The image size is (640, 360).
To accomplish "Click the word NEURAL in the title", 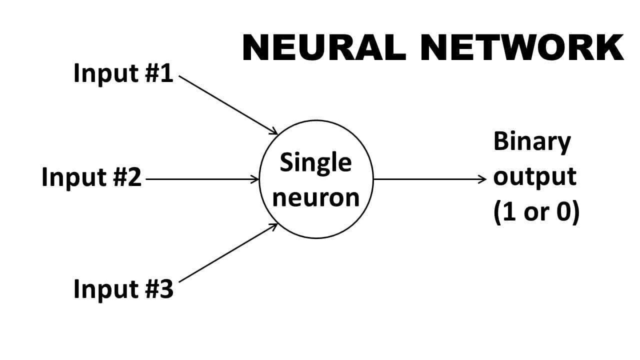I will tap(323, 47).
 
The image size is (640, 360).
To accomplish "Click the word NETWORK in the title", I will tap(521, 47).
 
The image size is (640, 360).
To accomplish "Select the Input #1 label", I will tap(123, 73).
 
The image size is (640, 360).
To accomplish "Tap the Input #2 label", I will tap(91, 177).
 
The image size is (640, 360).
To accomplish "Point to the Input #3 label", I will tap(123, 289).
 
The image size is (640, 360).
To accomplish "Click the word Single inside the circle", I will tap(315, 163).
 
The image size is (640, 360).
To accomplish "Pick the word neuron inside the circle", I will tap(315, 197).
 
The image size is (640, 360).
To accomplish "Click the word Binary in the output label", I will tap(531, 141).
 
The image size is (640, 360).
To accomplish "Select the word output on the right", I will tap(534, 177).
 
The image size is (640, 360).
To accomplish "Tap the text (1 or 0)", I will tap(536, 213).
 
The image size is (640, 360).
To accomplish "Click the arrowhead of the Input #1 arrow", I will tap(274, 132).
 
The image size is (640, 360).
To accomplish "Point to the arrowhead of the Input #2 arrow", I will tap(256, 178).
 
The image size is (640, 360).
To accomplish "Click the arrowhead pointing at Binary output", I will tap(482, 178).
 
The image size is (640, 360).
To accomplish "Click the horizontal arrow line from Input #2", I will tap(200, 178).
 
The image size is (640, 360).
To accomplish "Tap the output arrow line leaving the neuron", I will tap(427, 178).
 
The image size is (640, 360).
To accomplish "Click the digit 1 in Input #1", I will tap(166, 74).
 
